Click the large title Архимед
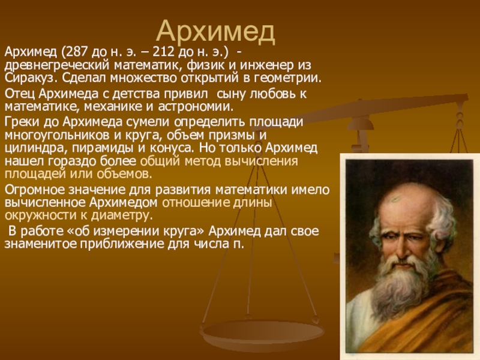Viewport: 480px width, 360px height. point(216,31)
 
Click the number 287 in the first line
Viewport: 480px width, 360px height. point(76,52)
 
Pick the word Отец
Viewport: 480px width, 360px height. point(20,94)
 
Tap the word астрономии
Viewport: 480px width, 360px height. point(196,107)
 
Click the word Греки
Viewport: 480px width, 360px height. point(22,122)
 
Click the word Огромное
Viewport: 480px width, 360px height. point(34,190)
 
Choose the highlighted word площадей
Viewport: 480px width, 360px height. point(35,174)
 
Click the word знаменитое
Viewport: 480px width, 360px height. point(42,244)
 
